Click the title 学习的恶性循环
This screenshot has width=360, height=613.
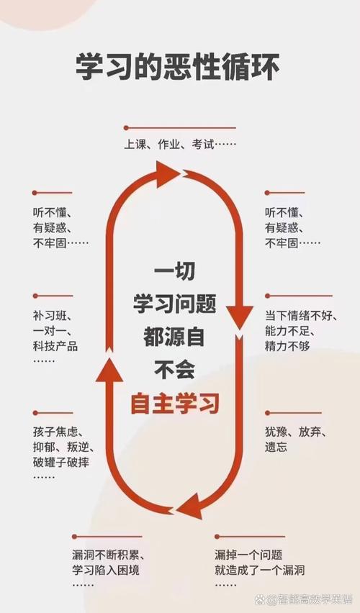click(178, 67)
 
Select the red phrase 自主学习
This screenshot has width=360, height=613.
click(175, 404)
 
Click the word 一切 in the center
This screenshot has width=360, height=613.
click(174, 271)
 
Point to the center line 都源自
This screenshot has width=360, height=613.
click(174, 337)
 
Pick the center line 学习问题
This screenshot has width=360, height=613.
click(174, 304)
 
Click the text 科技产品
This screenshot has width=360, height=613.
click(55, 346)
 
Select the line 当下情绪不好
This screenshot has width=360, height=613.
click(298, 315)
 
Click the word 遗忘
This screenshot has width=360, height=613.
click(276, 447)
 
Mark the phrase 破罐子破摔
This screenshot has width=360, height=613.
click(61, 462)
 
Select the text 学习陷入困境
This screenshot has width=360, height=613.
click(106, 570)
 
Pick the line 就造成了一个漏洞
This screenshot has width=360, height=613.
click(259, 570)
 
